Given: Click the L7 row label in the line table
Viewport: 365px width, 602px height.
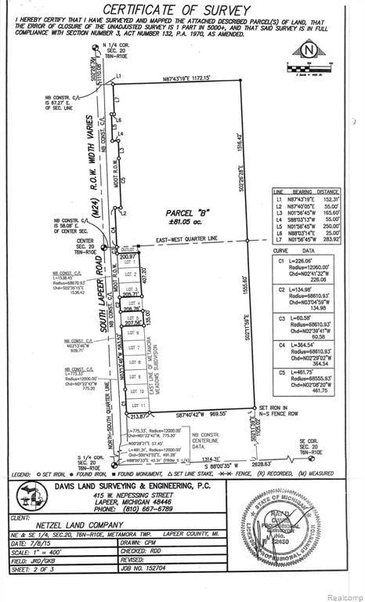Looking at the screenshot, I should click(278, 239).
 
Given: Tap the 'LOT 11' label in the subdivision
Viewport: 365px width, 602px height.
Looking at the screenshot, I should click(134, 404).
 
